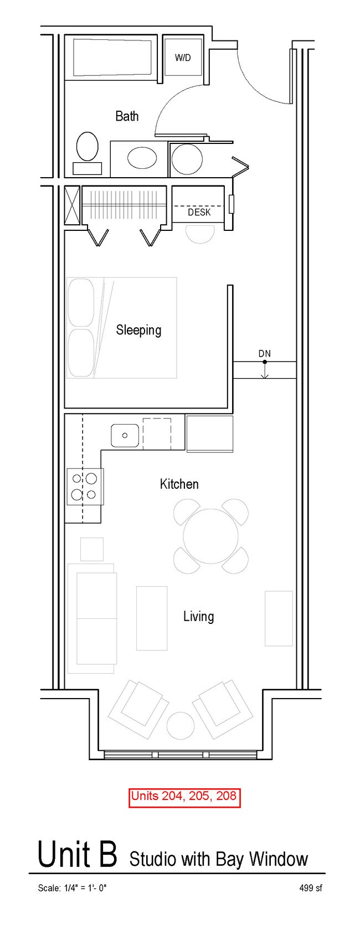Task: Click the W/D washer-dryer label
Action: (183, 58)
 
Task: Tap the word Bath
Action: (127, 116)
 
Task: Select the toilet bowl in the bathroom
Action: (88, 146)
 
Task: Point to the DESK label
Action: (199, 212)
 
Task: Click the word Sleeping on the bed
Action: (139, 330)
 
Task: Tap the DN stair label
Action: (265, 354)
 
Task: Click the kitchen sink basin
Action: (125, 435)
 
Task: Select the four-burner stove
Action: (85, 487)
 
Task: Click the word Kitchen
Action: (179, 484)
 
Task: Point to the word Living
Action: (198, 616)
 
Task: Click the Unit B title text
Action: (77, 854)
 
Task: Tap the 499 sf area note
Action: (311, 888)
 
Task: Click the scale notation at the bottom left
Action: (72, 888)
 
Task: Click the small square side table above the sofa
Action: (92, 549)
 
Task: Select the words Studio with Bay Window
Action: (219, 859)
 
